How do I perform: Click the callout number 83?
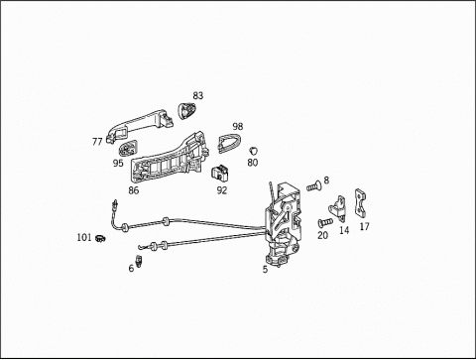tap(198, 95)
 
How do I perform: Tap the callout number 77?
tap(97, 142)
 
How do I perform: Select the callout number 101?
tap(84, 237)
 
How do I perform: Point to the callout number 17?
tap(364, 226)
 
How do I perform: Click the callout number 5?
tap(265, 270)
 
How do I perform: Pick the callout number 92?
tap(222, 190)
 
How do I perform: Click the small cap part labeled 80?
tap(254, 151)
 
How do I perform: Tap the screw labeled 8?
tap(312, 186)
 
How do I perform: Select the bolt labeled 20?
tap(325, 222)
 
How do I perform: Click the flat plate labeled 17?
tap(360, 203)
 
